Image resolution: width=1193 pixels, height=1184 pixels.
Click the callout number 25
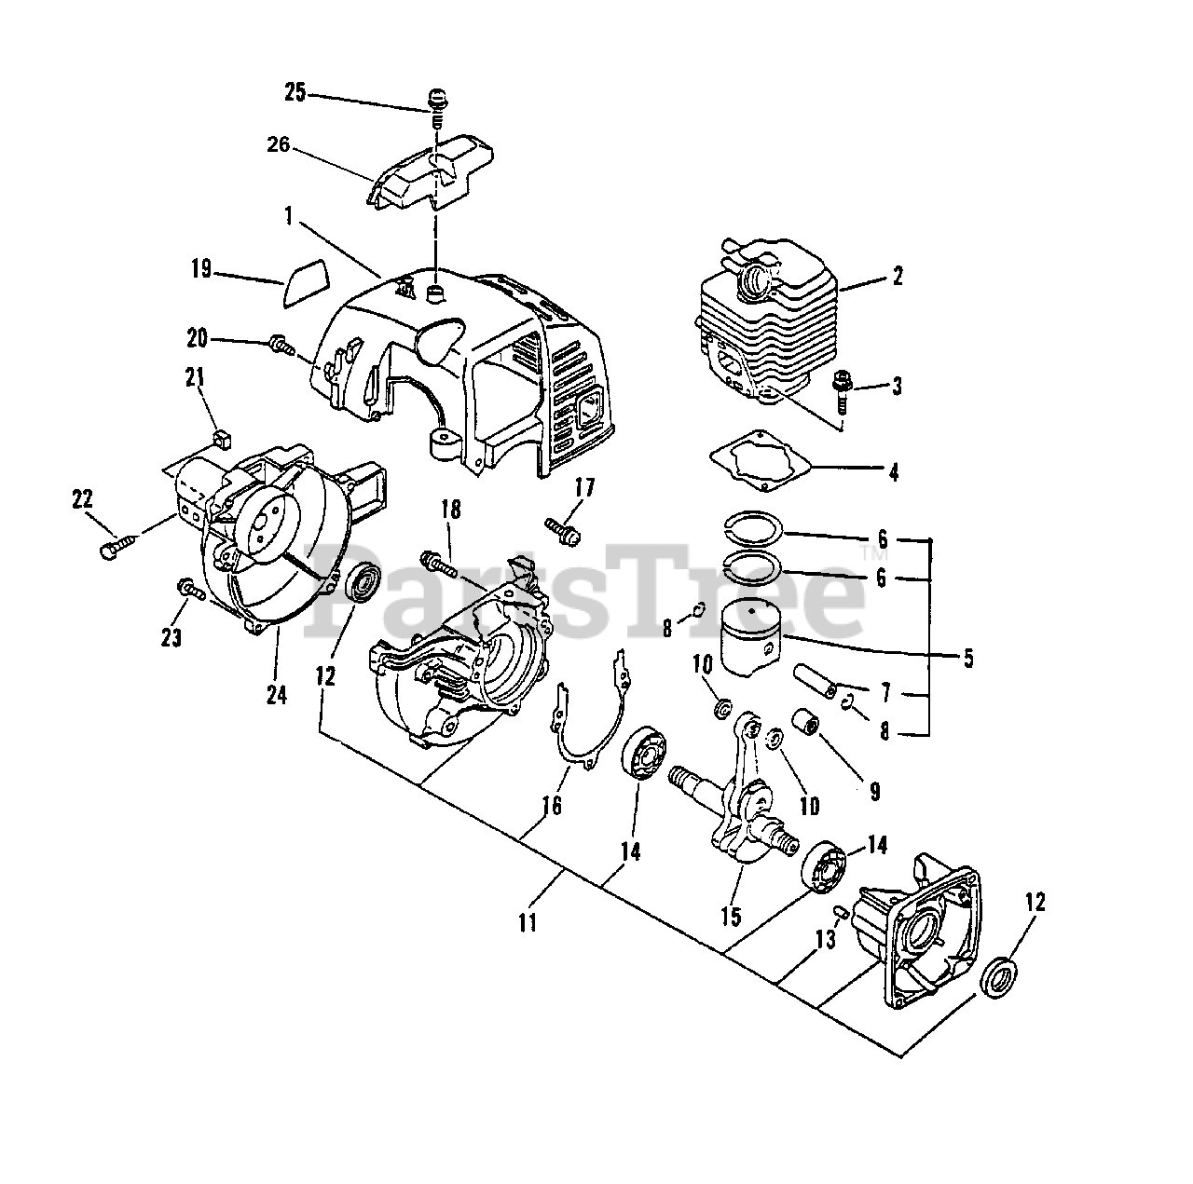(295, 93)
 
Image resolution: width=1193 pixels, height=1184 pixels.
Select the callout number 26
(278, 145)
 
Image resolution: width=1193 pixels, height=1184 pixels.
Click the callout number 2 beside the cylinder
(897, 276)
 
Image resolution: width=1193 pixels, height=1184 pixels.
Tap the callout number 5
(968, 659)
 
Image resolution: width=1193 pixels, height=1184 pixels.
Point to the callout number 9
(874, 791)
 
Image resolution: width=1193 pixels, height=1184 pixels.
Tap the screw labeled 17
(566, 531)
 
